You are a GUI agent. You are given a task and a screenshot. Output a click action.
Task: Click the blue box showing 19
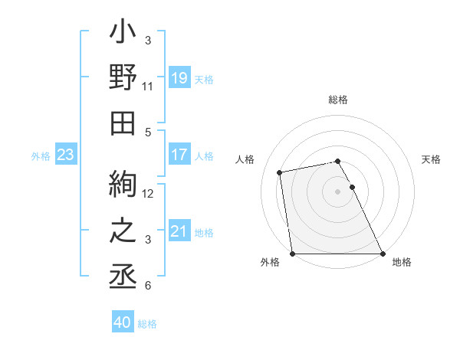point(179,77)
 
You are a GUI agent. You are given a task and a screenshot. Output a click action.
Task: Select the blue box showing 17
point(179,155)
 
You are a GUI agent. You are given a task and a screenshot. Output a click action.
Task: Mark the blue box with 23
point(65,155)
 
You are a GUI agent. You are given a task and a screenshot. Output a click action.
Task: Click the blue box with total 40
point(122,322)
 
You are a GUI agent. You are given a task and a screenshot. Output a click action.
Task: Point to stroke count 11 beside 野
point(148,87)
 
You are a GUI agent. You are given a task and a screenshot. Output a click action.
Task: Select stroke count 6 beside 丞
point(148,286)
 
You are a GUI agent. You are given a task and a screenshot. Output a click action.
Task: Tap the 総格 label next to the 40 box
point(147,324)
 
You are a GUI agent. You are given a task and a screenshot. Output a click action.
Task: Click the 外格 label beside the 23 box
point(40,156)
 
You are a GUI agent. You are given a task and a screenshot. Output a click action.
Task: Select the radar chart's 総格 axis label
point(338,100)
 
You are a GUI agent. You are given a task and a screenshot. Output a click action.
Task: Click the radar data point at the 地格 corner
point(382,254)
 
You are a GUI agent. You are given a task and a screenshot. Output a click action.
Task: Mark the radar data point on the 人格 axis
point(281,172)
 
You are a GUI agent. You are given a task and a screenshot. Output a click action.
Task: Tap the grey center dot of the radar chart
point(338,191)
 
